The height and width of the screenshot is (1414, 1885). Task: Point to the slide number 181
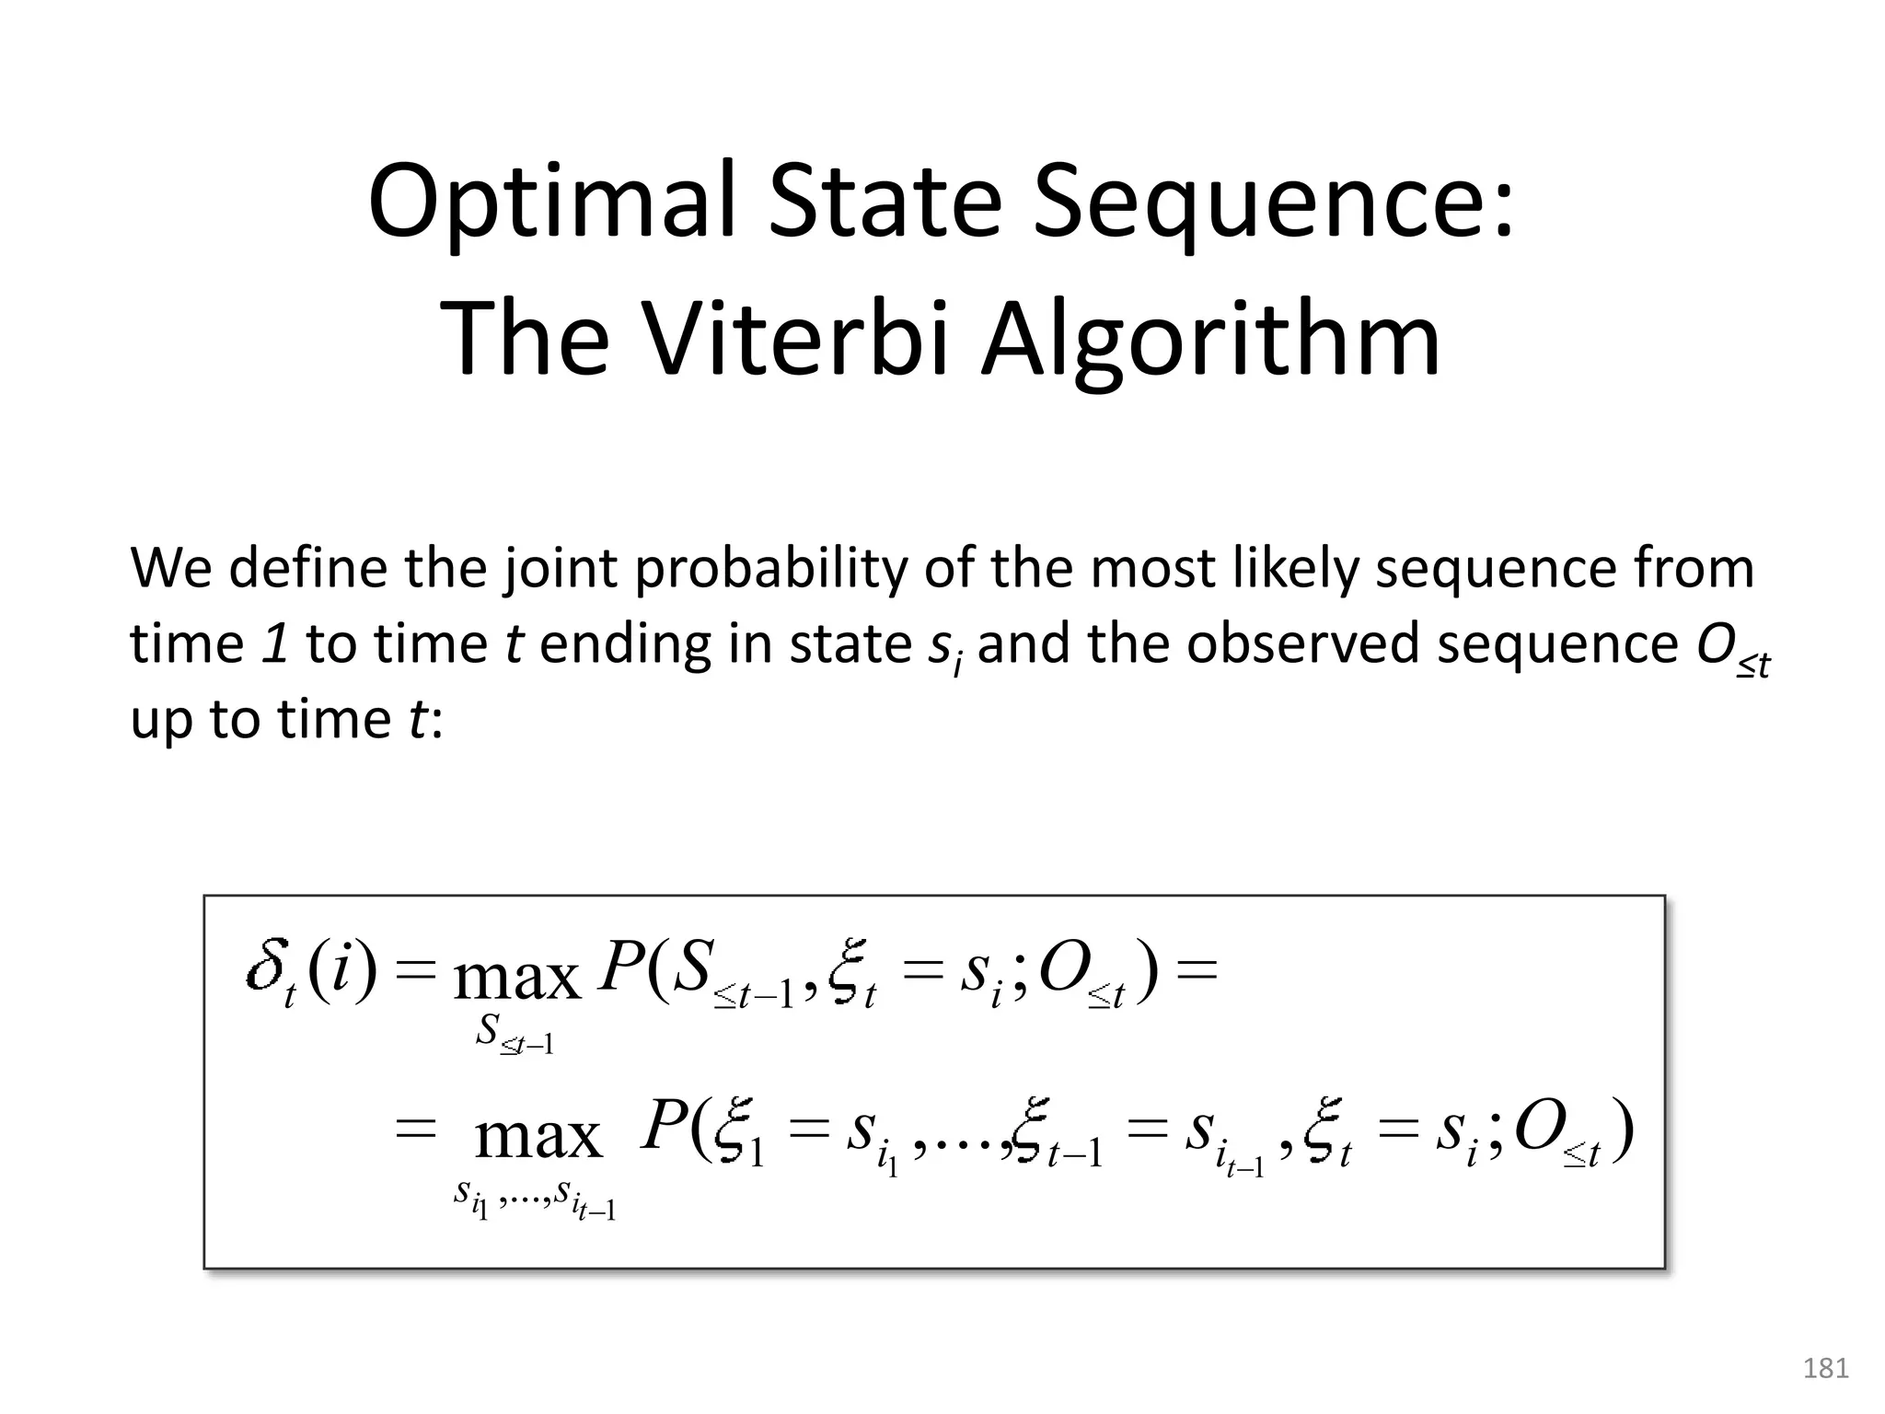[x=1826, y=1369]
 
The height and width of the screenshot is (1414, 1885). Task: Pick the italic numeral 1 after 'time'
[x=275, y=643]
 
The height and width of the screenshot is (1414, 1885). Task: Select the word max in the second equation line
[x=538, y=1138]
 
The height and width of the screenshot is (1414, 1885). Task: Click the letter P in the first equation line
[x=619, y=968]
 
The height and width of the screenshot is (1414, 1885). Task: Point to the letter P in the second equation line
[x=664, y=1127]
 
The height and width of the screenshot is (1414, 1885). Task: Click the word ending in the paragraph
[x=625, y=644]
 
